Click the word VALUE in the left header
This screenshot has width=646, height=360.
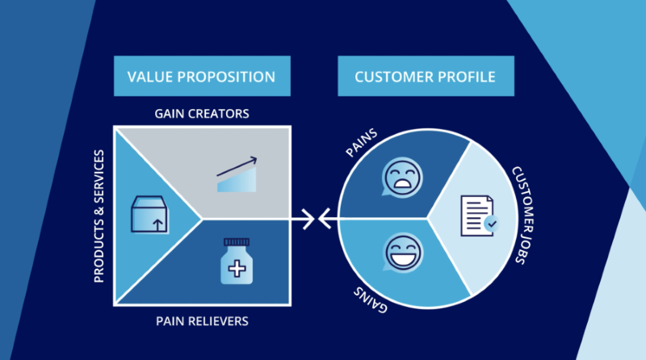pyautogui.click(x=151, y=77)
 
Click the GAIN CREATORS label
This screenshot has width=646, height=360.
pyautogui.click(x=202, y=114)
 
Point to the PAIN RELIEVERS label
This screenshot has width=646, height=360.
pyautogui.click(x=202, y=321)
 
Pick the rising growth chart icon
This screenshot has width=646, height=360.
pyautogui.click(x=237, y=174)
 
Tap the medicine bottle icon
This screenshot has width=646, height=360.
pyautogui.click(x=238, y=262)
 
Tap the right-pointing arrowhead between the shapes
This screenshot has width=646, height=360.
pyautogui.click(x=307, y=218)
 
